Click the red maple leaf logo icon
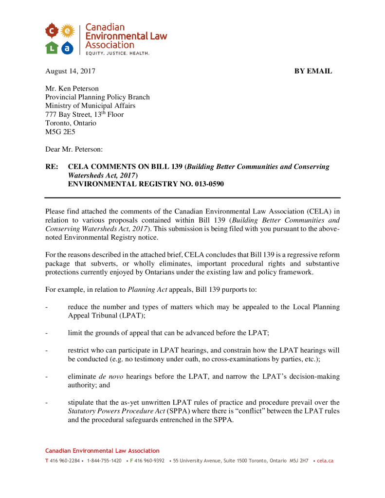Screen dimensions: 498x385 point(53,32)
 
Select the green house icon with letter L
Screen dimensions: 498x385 point(53,47)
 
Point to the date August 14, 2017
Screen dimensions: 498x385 point(70,71)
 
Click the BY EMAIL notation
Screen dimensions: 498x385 point(313,71)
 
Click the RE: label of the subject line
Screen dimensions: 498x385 point(52,167)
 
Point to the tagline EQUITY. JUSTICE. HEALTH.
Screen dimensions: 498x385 point(117,53)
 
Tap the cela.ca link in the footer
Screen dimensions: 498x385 point(325,461)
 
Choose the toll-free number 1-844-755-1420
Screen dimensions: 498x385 point(104,461)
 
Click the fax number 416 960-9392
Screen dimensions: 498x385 point(149,461)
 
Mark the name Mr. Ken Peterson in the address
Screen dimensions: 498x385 point(72,89)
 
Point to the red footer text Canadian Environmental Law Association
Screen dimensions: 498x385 point(102,451)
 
